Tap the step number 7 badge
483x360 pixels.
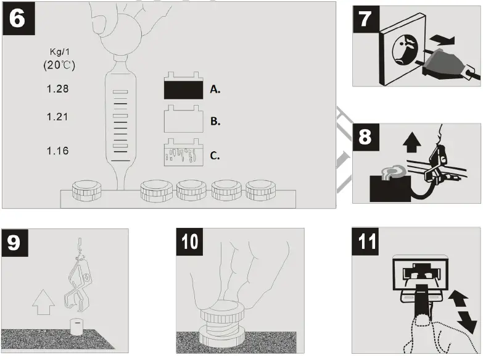tap(366, 19)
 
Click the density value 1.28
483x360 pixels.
tap(57, 89)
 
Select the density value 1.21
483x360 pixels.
tap(57, 117)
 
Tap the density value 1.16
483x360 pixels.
tap(57, 151)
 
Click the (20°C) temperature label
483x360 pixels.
tap(59, 65)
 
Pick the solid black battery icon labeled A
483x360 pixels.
tap(183, 88)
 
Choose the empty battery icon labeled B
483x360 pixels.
tap(183, 120)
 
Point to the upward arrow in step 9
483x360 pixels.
tap(41, 304)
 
